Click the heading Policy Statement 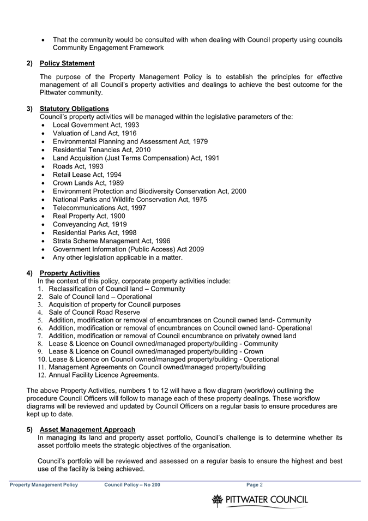pyautogui.click(x=67, y=63)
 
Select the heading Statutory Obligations pyautogui.click(x=74, y=109)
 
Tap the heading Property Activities pyautogui.click(x=70, y=273)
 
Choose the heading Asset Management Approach pyautogui.click(x=87, y=429)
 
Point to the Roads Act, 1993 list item pyautogui.click(x=78, y=166)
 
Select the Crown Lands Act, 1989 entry pyautogui.click(x=88, y=183)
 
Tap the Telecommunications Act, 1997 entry pyautogui.click(x=99, y=208)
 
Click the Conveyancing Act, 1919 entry pyautogui.click(x=89, y=224)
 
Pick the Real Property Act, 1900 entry pyautogui.click(x=89, y=216)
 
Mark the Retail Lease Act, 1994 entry pyautogui.click(x=87, y=175)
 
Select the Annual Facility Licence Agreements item pyautogui.click(x=104, y=375)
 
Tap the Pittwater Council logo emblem pyautogui.click(x=218, y=499)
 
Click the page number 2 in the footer pyautogui.click(x=261, y=484)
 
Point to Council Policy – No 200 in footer pyautogui.click(x=132, y=484)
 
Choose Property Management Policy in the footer pyautogui.click(x=44, y=484)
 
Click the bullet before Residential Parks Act pyautogui.click(x=44, y=233)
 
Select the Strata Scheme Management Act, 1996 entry pyautogui.click(x=111, y=241)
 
